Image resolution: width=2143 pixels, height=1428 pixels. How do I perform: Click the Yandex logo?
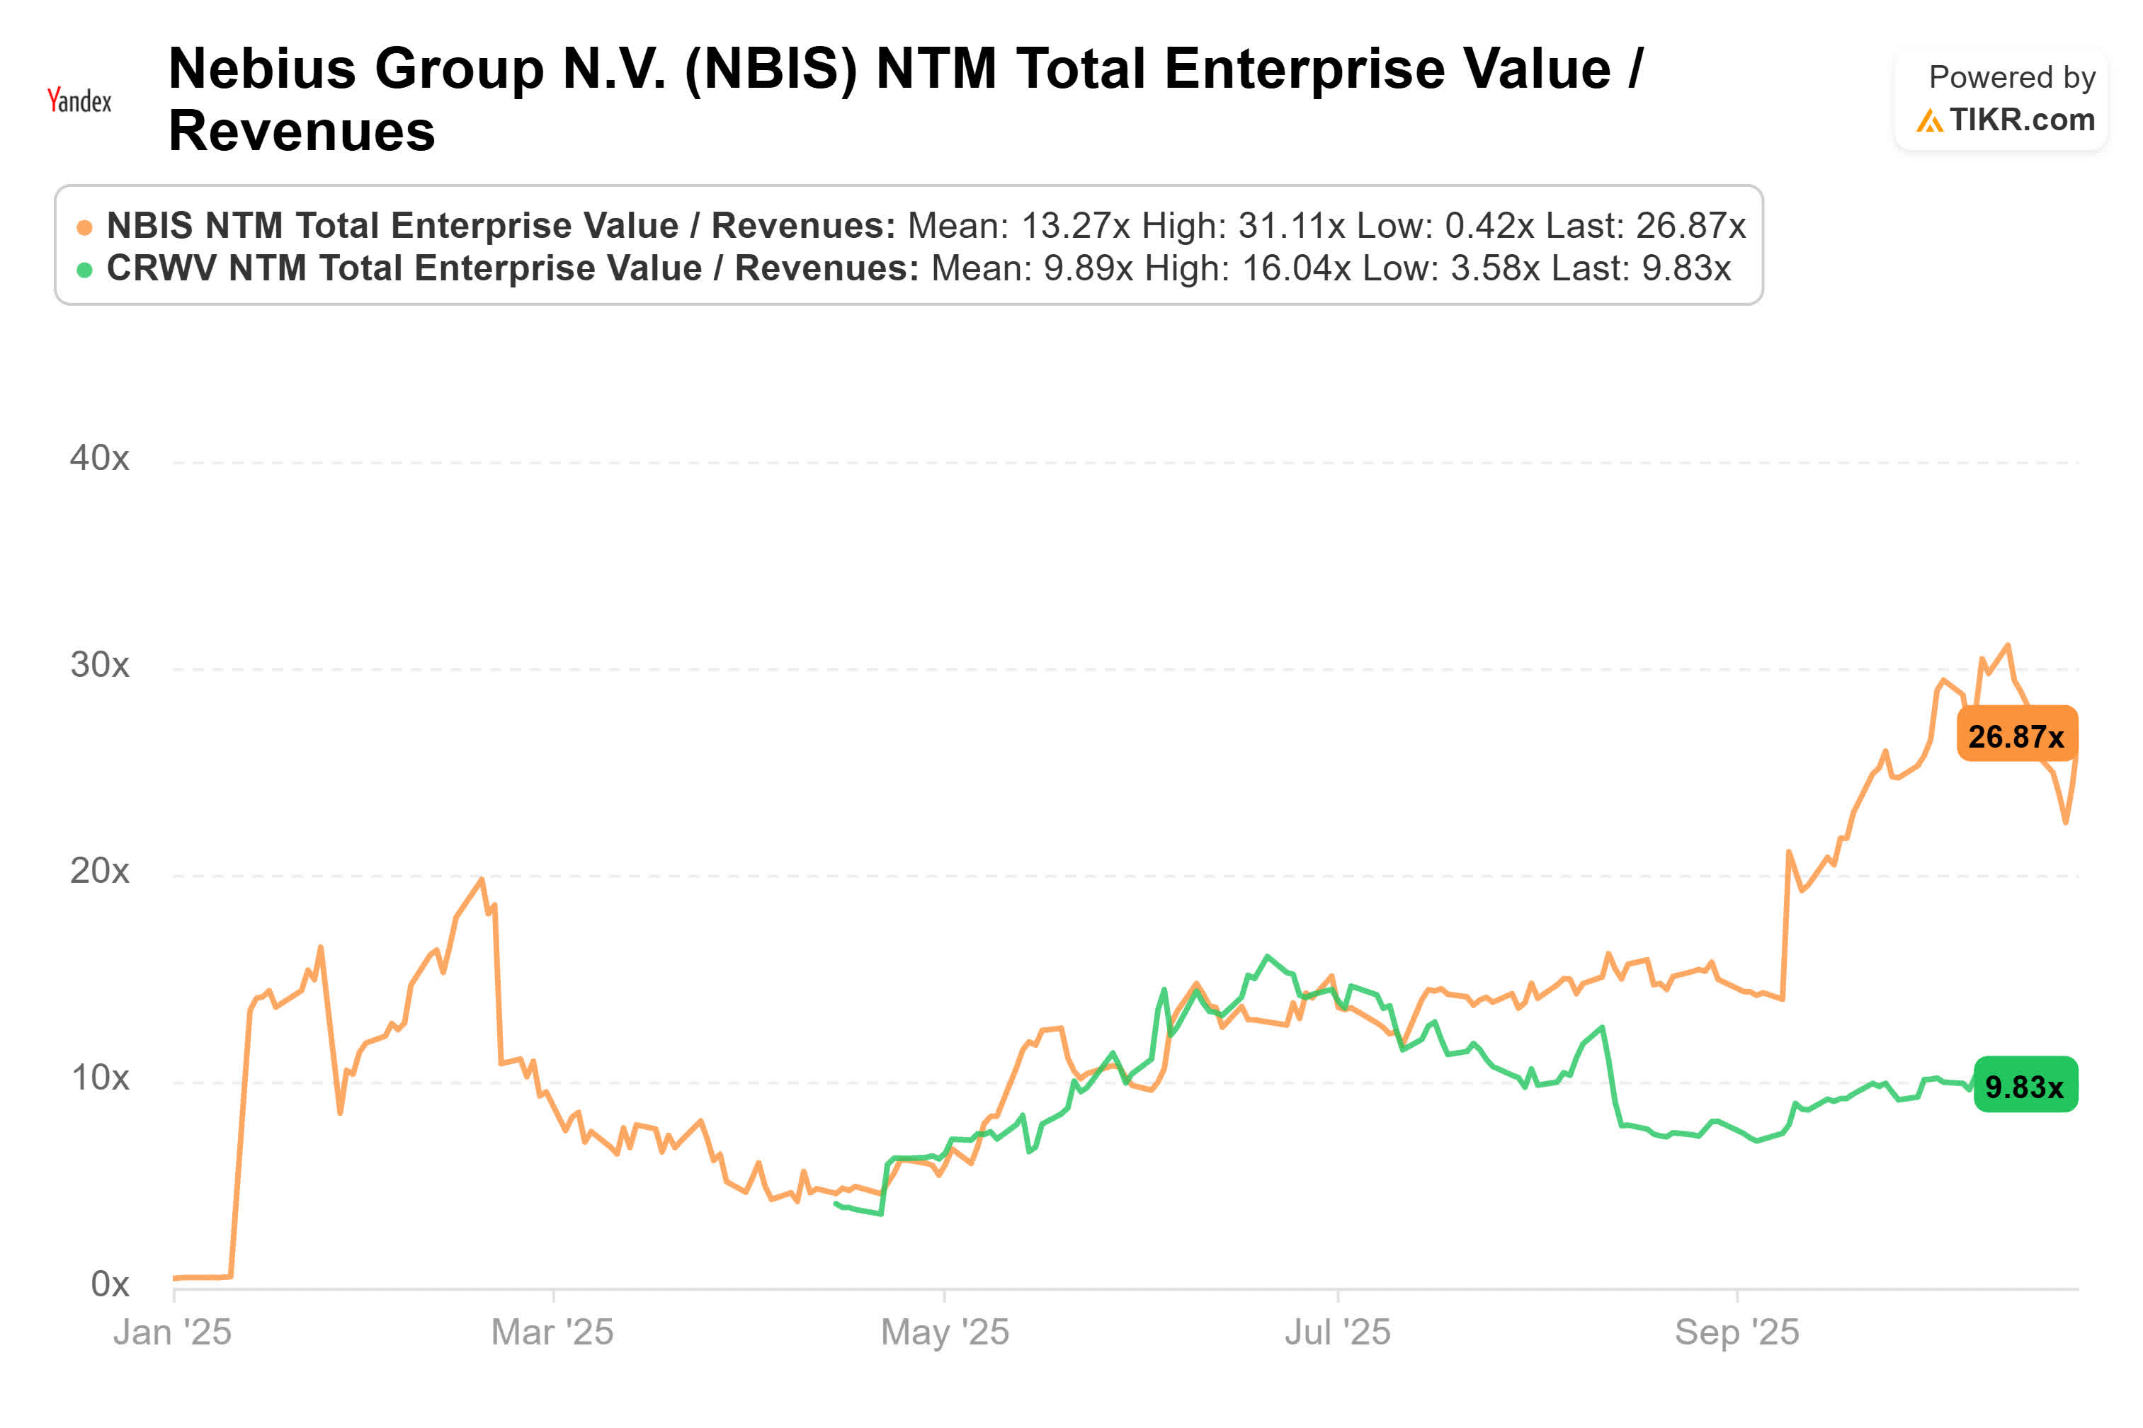click(79, 99)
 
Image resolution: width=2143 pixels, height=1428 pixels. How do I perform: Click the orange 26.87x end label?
click(2016, 736)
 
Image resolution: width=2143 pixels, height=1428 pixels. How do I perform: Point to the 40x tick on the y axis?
click(99, 458)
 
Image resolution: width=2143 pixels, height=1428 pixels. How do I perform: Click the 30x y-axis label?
click(99, 665)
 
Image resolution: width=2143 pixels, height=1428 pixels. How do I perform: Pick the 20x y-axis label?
click(99, 872)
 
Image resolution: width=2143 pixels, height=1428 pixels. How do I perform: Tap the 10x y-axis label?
click(99, 1078)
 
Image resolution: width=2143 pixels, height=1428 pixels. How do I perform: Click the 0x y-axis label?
click(109, 1284)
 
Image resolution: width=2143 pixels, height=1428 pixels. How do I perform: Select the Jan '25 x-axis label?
click(172, 1332)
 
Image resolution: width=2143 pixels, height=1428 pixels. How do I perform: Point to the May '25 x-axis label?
click(945, 1332)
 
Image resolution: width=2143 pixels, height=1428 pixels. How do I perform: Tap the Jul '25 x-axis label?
click(1337, 1332)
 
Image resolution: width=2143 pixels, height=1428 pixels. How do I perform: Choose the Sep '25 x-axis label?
click(1736, 1332)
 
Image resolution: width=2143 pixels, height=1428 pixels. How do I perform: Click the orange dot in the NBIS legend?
click(84, 227)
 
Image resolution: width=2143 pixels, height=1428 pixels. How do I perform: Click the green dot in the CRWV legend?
click(84, 270)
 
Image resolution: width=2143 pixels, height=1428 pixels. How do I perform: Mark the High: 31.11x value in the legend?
click(1242, 226)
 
